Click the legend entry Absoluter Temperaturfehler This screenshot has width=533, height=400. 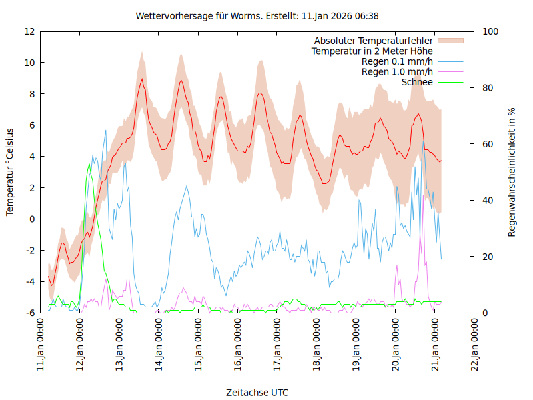point(374,41)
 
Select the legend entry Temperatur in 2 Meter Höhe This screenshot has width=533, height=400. point(372,51)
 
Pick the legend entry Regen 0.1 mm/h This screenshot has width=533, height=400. point(397,61)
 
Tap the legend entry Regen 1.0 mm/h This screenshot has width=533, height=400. point(397,71)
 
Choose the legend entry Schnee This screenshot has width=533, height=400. point(418,82)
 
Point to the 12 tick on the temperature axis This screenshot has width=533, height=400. point(29,31)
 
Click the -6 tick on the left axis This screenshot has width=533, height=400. point(29,313)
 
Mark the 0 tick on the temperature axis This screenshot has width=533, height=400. point(32,219)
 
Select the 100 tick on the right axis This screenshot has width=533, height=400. point(489,31)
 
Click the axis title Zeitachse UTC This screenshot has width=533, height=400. point(257,392)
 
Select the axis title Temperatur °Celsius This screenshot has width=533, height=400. point(10,172)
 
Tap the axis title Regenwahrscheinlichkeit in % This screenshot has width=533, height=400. point(512,172)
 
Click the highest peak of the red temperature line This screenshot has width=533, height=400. point(141,79)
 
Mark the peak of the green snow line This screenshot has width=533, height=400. point(89,164)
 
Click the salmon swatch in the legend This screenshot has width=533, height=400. point(450,41)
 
